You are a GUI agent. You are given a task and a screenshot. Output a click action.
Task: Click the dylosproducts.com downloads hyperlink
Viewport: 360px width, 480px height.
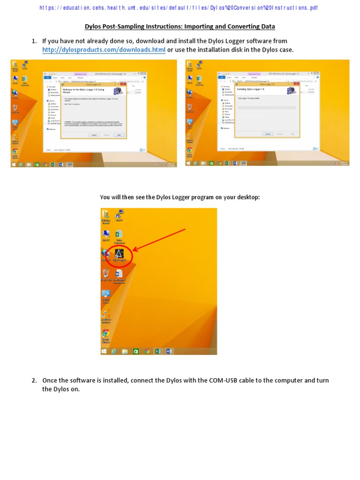point(104,50)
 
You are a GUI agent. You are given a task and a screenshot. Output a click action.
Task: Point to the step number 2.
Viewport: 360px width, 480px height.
point(34,380)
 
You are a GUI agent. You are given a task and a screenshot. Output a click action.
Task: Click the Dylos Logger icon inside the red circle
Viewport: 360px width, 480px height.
point(120,254)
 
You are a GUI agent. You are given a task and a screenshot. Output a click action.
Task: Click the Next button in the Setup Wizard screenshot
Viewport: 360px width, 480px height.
point(119,135)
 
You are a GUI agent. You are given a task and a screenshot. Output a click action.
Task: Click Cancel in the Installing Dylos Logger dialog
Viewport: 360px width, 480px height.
point(268,134)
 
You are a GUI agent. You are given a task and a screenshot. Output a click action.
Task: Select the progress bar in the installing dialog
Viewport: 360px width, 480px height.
point(267,107)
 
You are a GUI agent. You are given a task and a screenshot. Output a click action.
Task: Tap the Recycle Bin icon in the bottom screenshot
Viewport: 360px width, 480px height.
point(106,274)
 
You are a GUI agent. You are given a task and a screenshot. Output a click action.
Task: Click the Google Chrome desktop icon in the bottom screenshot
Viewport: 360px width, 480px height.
point(106,334)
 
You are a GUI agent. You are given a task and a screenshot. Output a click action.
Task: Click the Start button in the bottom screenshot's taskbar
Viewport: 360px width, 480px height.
point(104,351)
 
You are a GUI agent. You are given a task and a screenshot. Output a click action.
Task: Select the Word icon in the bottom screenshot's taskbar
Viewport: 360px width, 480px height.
point(169,351)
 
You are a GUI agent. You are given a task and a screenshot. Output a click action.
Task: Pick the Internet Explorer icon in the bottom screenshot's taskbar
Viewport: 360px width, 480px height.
point(114,351)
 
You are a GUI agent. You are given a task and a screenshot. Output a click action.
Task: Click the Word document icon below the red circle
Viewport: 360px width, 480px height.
point(119,274)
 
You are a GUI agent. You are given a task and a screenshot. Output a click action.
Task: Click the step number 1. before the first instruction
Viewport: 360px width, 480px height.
point(34,41)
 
